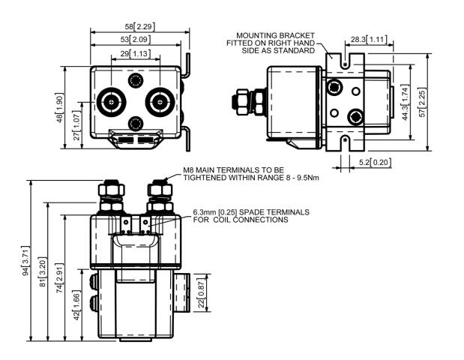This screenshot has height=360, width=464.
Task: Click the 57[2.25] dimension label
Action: coord(424,100)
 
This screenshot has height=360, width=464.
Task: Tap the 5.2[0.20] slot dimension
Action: coord(373,162)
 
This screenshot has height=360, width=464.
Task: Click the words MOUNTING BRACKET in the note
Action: coord(275,35)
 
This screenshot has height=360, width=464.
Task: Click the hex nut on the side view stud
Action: coord(243,100)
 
